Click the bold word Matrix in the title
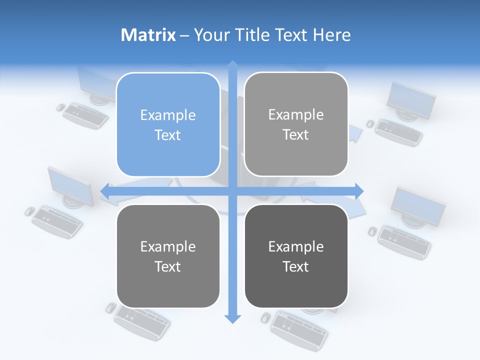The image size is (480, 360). point(148,35)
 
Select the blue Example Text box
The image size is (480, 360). point(168,124)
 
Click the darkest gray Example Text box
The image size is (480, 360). point(296,256)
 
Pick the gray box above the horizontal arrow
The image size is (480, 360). point(296,124)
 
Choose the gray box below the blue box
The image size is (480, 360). point(168,256)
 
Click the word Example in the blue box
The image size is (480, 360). point(168,115)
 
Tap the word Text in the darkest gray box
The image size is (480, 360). point(296,266)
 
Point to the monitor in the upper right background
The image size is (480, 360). point(411,99)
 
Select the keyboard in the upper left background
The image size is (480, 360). point(85,115)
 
